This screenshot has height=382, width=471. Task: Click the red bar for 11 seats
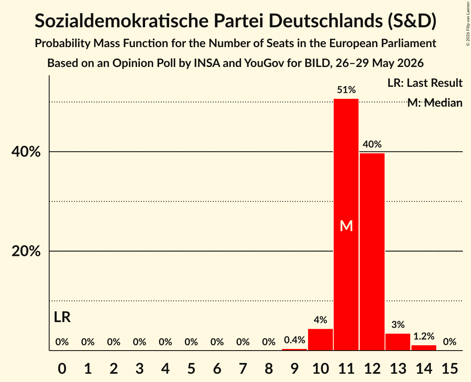click(x=346, y=224)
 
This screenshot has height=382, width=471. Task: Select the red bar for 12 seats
click(x=372, y=252)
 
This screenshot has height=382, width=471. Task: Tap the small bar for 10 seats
click(x=320, y=340)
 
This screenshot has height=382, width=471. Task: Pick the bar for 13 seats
click(x=398, y=342)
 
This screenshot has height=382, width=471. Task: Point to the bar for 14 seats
click(x=423, y=348)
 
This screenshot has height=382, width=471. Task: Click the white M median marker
click(x=346, y=226)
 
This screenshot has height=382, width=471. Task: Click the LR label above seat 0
click(x=62, y=317)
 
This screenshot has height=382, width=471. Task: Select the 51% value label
click(x=346, y=90)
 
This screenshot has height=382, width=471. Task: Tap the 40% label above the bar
click(x=372, y=144)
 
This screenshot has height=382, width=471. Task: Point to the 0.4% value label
click(x=294, y=340)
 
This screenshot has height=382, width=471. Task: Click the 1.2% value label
click(x=423, y=337)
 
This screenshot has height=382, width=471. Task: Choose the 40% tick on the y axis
click(x=26, y=152)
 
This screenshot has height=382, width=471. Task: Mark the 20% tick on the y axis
click(x=26, y=251)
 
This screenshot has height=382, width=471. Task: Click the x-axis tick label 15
click(x=449, y=368)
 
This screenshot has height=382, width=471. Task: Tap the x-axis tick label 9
click(x=294, y=368)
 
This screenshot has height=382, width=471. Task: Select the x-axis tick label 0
click(x=62, y=368)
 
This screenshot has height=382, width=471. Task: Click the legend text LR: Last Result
click(x=425, y=83)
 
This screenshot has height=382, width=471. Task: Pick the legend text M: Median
click(x=435, y=103)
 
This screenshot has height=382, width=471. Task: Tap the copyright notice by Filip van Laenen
click(x=468, y=24)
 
